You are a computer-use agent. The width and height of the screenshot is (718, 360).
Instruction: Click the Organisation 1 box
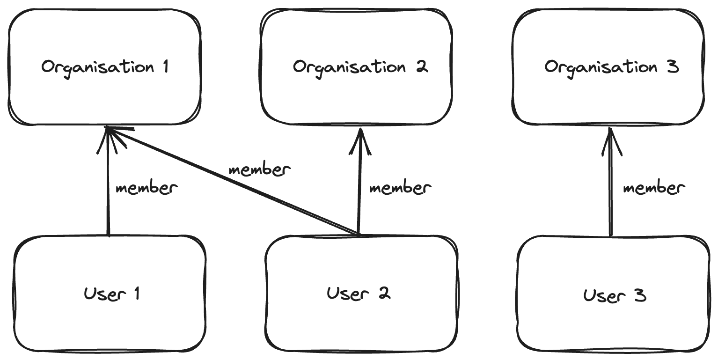coord(105,66)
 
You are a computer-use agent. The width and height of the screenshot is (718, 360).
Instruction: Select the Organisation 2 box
coord(357,66)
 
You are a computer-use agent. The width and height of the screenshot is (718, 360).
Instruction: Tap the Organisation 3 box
coord(608,66)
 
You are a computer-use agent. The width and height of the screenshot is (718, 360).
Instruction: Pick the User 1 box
coord(110,294)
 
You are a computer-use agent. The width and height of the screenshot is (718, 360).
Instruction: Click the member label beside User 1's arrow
coord(147,188)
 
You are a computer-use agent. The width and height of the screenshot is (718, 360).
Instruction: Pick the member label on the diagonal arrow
coord(260,169)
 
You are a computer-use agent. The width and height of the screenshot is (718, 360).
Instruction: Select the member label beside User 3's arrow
coord(654,188)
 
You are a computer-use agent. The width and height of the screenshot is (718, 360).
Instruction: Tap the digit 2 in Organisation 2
coord(421,66)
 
